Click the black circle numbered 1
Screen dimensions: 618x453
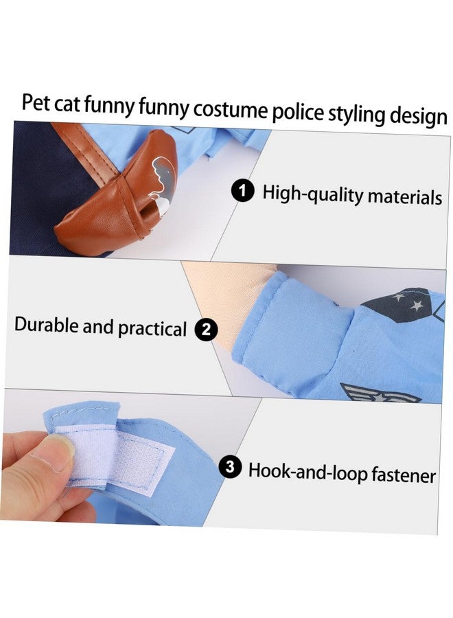[x=242, y=192]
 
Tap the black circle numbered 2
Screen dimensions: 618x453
[x=205, y=330]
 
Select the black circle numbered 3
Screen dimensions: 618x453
[x=230, y=469]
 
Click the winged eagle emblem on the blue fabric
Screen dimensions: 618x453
[x=371, y=393]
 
